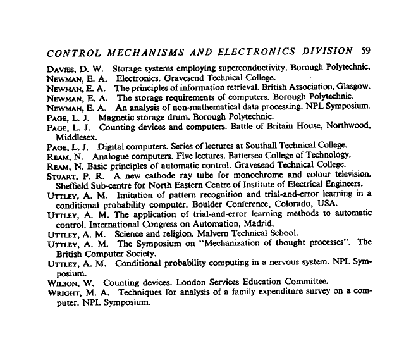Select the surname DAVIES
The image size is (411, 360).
point(61,67)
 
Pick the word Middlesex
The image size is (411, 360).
point(76,135)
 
